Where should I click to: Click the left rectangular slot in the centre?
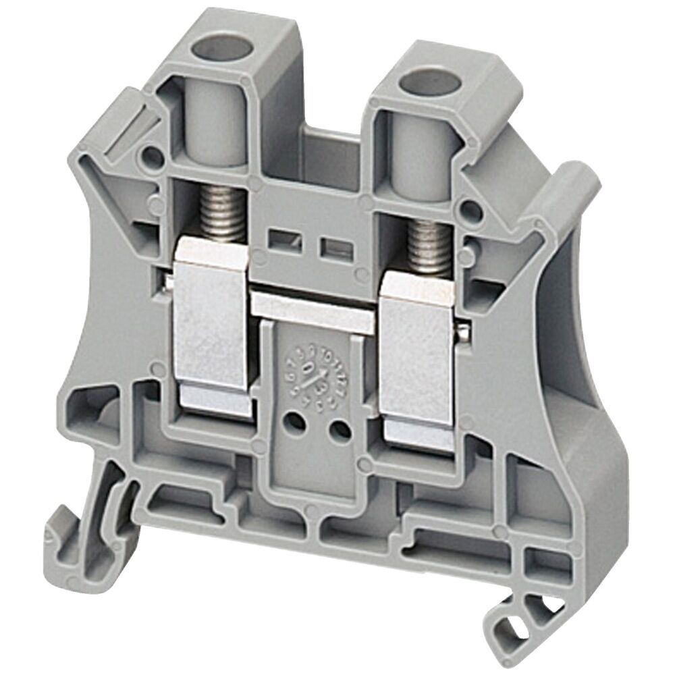(279, 238)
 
